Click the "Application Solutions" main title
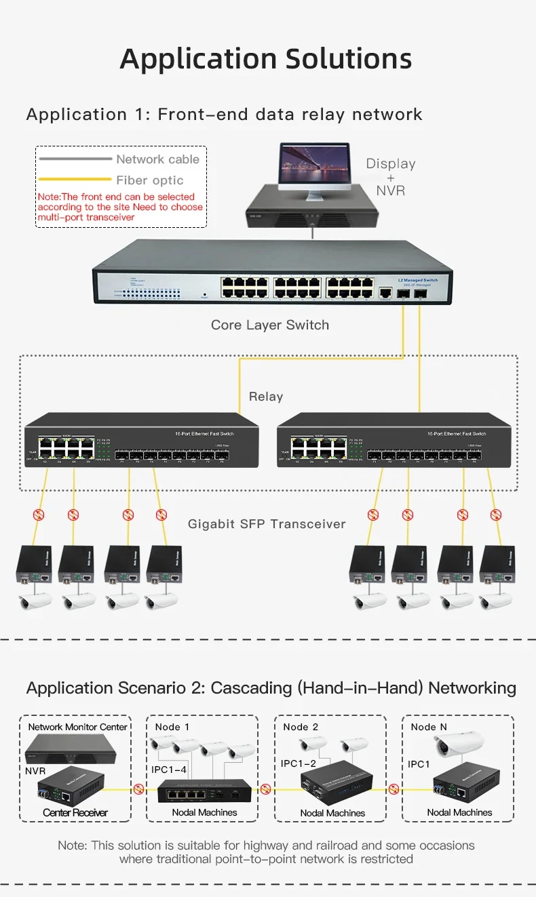click(x=266, y=59)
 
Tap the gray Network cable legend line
click(x=75, y=159)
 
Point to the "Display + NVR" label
click(x=391, y=176)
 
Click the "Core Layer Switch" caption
click(x=269, y=325)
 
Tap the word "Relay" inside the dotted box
click(x=265, y=397)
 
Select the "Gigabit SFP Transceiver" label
click(x=267, y=523)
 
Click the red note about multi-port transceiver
click(x=120, y=207)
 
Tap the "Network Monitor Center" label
click(x=77, y=727)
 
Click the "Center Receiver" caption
click(x=75, y=812)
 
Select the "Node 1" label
click(x=172, y=727)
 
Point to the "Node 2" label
click(x=301, y=727)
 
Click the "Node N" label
click(x=429, y=727)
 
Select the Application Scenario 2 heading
click(x=271, y=688)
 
